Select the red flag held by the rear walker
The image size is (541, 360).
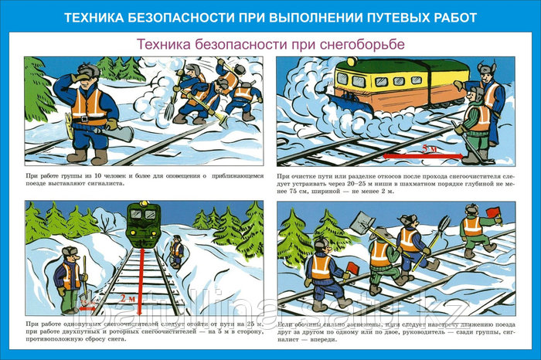pos(353,267)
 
